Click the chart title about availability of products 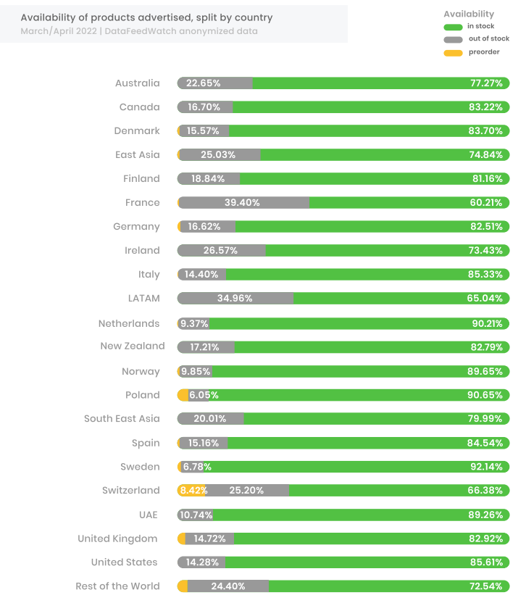146,17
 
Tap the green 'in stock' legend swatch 453,27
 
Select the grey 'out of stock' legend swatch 453,39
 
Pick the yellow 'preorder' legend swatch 453,52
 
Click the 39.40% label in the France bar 242,203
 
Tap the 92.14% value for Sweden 486,467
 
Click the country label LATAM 143,298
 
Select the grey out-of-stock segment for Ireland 222,251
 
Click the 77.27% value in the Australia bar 486,83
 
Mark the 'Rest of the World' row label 117,586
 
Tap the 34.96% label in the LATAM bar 235,299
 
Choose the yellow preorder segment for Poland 183,395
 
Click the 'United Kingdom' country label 117,538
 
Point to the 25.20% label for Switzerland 246,491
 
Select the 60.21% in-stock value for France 486,203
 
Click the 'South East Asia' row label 122,419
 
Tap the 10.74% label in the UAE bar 196,515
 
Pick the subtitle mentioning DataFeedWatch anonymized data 139,31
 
